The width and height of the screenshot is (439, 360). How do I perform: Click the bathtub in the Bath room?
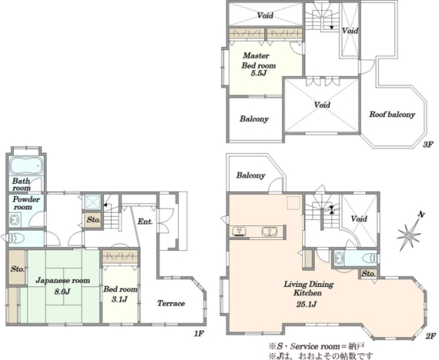[x=26, y=165]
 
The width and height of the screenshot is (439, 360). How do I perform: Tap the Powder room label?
[x=26, y=203]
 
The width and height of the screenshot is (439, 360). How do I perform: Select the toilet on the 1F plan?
[x=17, y=239]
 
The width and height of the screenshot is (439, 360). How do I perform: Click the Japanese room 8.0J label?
[x=63, y=286]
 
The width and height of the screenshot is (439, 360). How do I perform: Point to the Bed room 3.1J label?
[x=121, y=294]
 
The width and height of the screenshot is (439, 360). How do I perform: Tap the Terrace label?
[x=170, y=303]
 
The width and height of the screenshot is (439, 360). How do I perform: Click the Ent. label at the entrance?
[x=145, y=222]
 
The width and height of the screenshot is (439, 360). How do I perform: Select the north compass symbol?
[x=410, y=232]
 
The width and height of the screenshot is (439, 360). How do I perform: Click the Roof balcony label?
[x=392, y=114]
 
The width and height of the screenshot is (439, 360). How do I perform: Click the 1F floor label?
[x=199, y=333]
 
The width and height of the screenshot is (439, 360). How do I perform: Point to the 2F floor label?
[x=431, y=336]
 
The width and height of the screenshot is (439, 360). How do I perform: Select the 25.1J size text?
[x=307, y=304]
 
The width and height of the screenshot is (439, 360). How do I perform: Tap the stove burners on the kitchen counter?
[x=239, y=231]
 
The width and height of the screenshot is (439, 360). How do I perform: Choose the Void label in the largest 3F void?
[x=322, y=105]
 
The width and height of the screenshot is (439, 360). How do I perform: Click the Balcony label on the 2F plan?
[x=250, y=175]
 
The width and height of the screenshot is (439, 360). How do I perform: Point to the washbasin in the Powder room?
[x=15, y=220]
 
